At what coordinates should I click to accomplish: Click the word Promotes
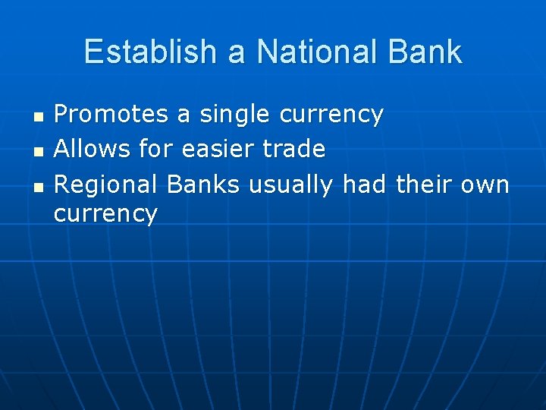(111, 115)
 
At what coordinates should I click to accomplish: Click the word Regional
(107, 184)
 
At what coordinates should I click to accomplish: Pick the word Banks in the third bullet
(204, 183)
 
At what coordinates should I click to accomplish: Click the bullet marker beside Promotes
(38, 117)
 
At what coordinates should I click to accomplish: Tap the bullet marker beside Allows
(38, 150)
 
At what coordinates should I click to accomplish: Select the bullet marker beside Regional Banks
(38, 184)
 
